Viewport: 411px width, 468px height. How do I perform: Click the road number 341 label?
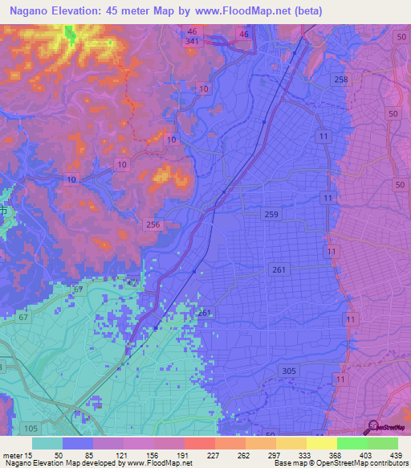(x=192, y=41)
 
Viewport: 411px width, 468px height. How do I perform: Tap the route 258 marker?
(x=342, y=79)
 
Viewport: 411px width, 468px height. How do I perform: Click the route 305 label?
(x=289, y=370)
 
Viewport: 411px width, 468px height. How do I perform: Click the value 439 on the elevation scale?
(x=394, y=455)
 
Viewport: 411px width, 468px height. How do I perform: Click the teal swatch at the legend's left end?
(x=47, y=443)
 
